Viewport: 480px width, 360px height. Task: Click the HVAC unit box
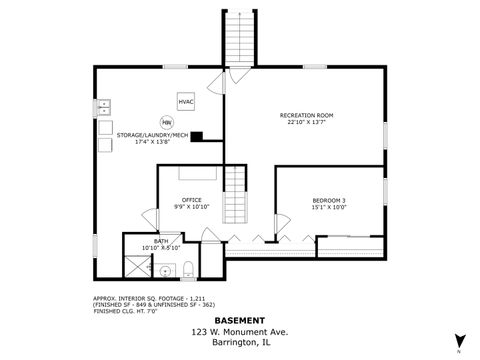tap(187, 102)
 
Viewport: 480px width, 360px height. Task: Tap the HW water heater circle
tap(180, 123)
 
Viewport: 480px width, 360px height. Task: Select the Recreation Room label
tap(306, 119)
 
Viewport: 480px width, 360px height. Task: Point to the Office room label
tap(191, 203)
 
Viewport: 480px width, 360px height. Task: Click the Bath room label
tap(161, 243)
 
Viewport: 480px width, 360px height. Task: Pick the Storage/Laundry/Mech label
tap(152, 138)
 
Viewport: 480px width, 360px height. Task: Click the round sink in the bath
tap(165, 270)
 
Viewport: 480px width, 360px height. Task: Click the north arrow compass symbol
tap(459, 341)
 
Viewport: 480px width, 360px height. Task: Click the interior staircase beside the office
tap(234, 197)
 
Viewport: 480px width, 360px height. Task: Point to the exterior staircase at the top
tap(240, 43)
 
